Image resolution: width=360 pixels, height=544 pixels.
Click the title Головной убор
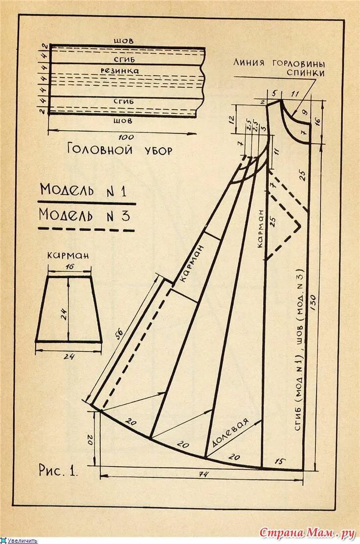pos(120,149)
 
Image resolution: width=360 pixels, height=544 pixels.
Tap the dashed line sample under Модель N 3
pos(86,229)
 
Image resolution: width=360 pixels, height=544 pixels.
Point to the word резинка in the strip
pos(120,71)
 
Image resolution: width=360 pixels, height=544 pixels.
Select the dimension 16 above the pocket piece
pos(69,266)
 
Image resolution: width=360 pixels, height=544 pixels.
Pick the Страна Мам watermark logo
pos(307,532)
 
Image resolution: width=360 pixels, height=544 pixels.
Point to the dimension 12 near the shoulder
pos(232,118)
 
